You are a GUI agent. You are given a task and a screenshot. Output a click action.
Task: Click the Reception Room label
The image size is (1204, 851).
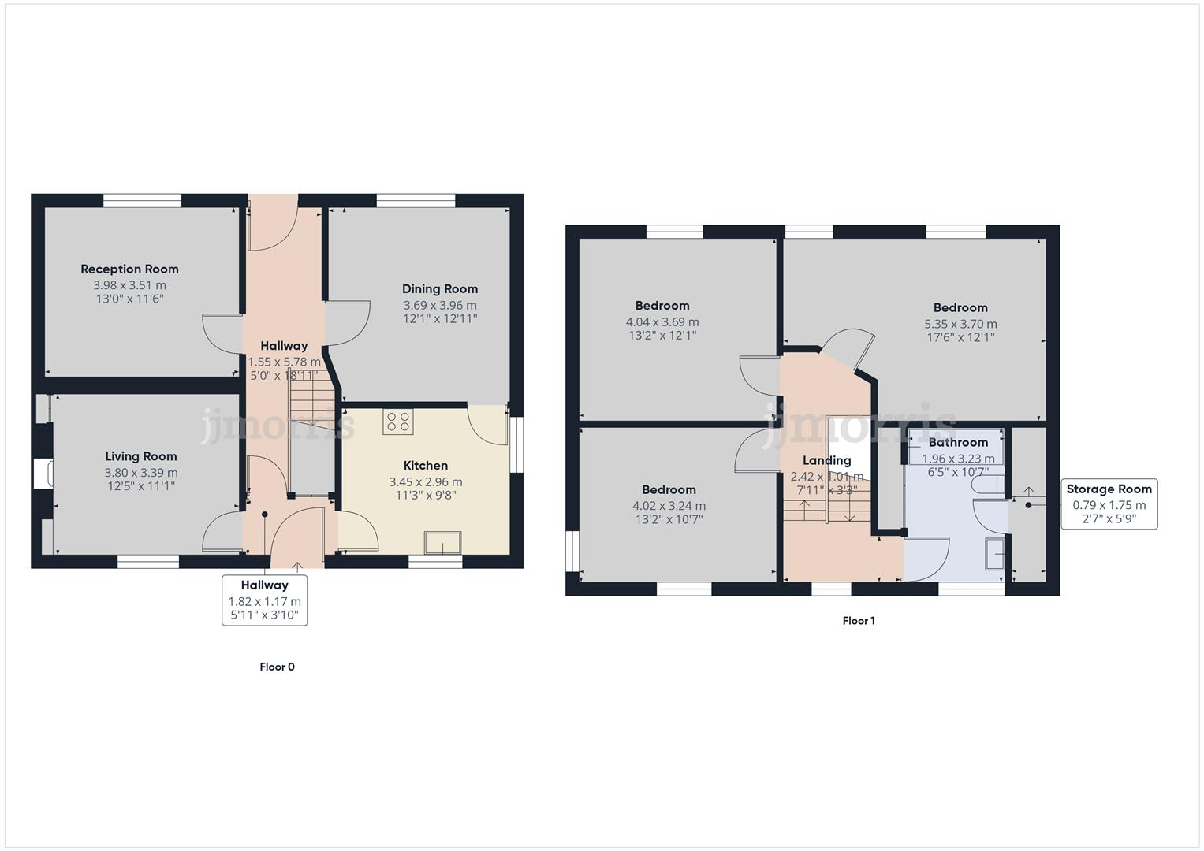(129, 269)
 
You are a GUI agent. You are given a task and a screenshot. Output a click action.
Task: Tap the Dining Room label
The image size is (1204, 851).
(439, 288)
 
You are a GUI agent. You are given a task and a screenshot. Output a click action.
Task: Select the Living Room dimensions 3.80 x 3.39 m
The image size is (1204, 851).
(141, 473)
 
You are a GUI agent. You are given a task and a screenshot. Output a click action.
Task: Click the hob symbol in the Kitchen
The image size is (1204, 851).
(397, 422)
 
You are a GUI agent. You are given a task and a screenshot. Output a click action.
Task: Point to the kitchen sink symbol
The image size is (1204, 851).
(442, 543)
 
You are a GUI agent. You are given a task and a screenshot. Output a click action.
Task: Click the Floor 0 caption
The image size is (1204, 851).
(277, 667)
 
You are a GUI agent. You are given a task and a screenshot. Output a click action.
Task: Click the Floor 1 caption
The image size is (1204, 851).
(859, 621)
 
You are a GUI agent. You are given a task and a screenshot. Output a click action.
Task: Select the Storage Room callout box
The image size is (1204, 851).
(1109, 504)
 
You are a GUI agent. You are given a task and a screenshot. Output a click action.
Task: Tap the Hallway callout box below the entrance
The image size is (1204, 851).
(264, 600)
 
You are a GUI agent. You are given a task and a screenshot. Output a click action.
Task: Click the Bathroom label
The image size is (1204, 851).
(957, 442)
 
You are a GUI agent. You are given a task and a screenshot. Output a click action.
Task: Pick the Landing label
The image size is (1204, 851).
(826, 460)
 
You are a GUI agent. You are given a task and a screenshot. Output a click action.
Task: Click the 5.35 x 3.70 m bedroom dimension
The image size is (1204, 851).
(960, 324)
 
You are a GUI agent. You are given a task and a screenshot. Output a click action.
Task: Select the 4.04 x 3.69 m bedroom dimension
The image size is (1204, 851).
(662, 321)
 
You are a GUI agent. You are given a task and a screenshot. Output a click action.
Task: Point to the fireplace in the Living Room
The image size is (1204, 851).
(43, 474)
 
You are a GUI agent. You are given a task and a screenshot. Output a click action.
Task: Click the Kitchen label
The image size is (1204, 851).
(425, 466)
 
